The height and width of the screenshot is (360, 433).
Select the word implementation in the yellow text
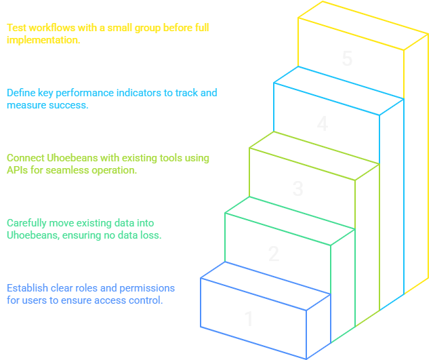42,40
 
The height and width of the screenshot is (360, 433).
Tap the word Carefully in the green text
27,223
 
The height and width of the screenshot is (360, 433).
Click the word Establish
27,288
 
